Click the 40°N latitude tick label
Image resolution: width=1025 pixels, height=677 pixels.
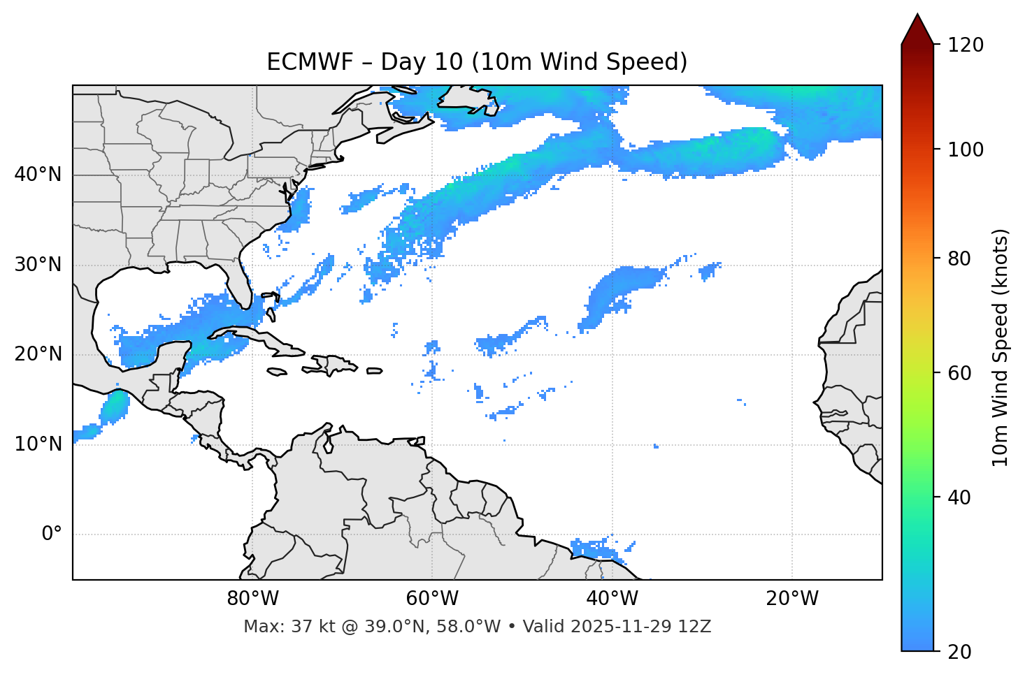38,175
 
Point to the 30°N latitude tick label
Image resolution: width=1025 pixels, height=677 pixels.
38,265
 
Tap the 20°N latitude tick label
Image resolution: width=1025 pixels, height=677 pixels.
38,354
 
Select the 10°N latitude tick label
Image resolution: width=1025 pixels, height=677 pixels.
38,444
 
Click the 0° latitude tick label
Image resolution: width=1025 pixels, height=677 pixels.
52,534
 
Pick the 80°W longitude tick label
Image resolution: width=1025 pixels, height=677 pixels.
252,599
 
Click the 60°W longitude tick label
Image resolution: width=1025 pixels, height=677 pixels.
432,599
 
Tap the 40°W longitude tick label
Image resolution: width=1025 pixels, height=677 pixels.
612,599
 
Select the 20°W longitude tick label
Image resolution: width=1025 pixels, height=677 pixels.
791,599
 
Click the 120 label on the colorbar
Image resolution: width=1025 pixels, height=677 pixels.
965,45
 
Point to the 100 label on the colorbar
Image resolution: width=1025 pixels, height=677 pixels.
965,150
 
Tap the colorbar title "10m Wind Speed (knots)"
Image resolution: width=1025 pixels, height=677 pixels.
1001,347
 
